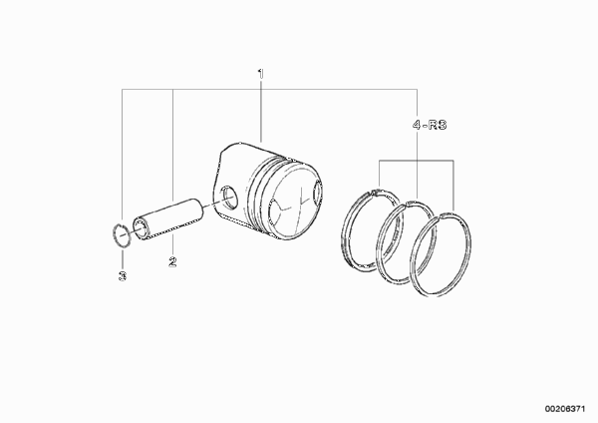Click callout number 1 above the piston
pos(261,73)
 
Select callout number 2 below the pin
pos(172,261)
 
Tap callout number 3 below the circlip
pos(123,276)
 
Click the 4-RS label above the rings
pos(430,125)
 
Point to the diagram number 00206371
pos(565,409)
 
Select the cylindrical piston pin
pos(168,219)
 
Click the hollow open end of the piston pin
pos(142,229)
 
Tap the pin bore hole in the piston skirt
pos(229,197)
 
